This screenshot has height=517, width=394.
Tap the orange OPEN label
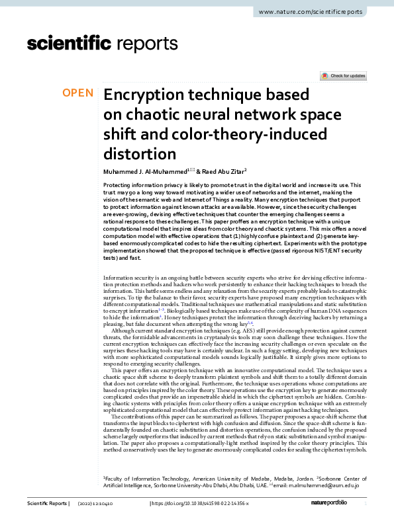(x=78, y=93)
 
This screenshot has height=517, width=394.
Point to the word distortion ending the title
(x=140, y=155)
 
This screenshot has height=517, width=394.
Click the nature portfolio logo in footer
(x=340, y=504)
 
